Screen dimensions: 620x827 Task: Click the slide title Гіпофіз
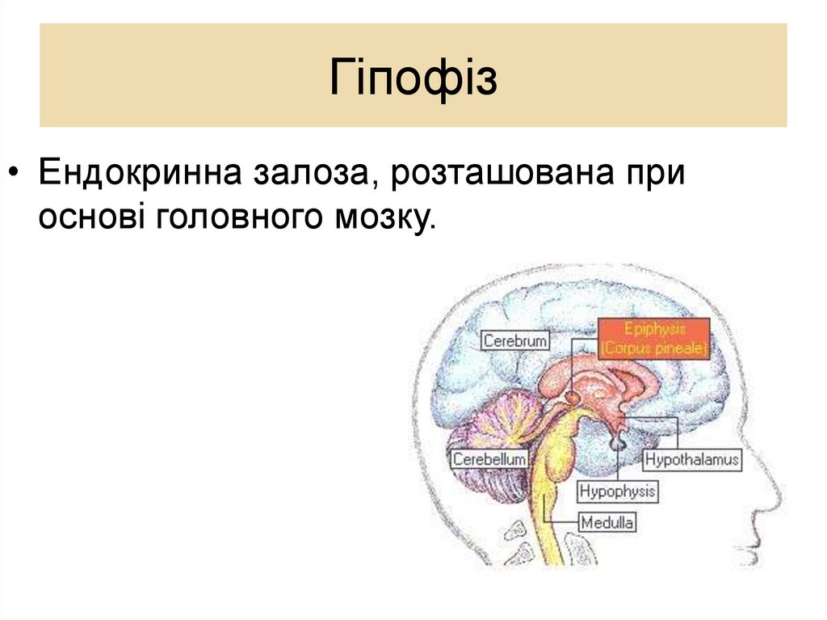(413, 78)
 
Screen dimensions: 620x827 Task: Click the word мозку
(380, 218)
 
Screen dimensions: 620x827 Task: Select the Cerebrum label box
(515, 340)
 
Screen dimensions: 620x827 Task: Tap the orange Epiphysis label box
(653, 339)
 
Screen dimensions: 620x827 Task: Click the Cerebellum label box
(489, 459)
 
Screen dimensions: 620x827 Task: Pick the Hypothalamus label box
(691, 460)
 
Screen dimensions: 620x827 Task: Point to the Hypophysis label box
(618, 491)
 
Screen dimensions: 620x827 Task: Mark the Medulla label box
(607, 522)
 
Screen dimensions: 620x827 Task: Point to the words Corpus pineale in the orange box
(653, 349)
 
